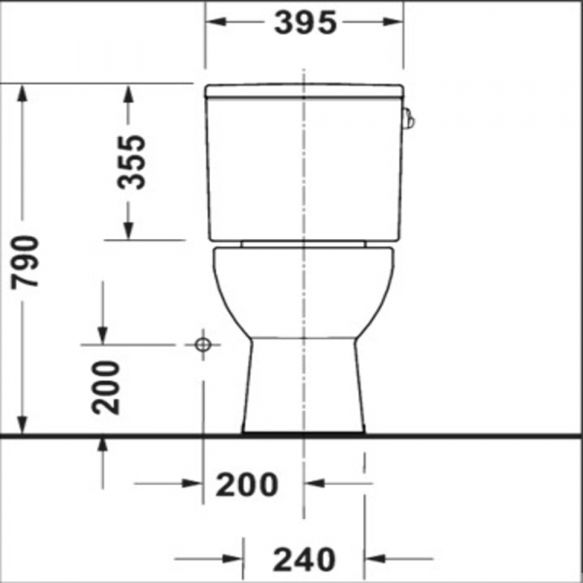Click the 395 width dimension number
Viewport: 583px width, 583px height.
click(x=304, y=22)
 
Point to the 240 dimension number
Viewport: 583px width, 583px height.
click(x=303, y=559)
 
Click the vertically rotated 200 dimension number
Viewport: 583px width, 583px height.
click(x=106, y=387)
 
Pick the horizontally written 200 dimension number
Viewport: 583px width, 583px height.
click(x=247, y=483)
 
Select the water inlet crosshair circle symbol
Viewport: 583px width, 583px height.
click(x=202, y=344)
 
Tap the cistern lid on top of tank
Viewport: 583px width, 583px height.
click(x=304, y=92)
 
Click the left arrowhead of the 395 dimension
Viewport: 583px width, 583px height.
click(x=211, y=22)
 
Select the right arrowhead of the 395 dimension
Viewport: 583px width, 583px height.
click(x=396, y=22)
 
